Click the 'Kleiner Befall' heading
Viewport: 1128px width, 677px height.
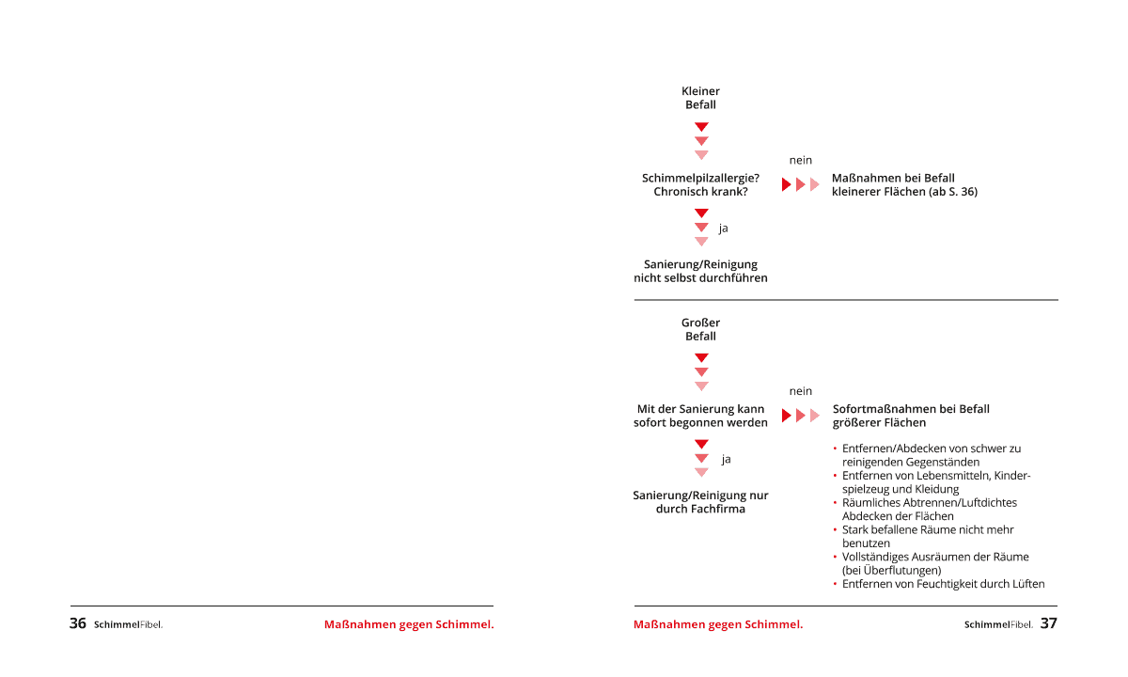700,98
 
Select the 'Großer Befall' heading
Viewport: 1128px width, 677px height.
700,329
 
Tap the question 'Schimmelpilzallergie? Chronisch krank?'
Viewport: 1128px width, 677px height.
700,184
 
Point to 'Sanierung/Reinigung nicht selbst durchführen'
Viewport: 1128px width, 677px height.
700,271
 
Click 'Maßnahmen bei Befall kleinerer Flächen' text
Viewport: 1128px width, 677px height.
904,184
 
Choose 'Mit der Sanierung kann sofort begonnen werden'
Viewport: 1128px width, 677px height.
700,416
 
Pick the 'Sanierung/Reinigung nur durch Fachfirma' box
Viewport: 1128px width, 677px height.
700,502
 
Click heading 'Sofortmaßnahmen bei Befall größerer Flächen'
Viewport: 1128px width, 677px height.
911,416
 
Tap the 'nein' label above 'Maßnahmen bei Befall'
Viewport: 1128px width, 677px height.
801,160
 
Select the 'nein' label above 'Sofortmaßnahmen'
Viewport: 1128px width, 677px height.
801,391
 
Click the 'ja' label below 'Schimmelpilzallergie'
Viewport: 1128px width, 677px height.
724,228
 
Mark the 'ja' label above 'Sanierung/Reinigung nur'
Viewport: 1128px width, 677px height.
726,459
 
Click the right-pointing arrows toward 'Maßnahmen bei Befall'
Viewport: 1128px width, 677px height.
801,184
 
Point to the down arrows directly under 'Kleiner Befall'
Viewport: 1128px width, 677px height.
701,141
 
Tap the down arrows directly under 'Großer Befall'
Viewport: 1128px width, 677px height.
701,372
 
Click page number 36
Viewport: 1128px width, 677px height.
78,623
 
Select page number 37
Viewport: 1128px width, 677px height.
1049,623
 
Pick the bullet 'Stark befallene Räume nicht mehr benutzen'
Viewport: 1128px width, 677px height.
927,536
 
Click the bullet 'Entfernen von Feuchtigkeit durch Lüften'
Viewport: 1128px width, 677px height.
943,584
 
